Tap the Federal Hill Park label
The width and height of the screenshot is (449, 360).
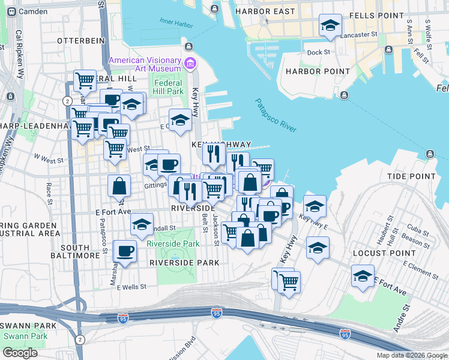(167, 88)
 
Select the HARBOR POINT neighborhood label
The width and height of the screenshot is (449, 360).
(318, 71)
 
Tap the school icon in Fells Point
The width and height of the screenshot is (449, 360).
(330, 25)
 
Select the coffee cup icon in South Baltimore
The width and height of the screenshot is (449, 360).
(125, 251)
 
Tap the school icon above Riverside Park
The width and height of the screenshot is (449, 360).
(142, 225)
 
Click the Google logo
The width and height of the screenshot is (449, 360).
(20, 353)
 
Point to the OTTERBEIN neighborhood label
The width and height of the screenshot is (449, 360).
(77, 40)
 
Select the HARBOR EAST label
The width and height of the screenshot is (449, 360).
(265, 11)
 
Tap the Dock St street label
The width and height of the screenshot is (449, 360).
(318, 52)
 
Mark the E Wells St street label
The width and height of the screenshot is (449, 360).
(132, 287)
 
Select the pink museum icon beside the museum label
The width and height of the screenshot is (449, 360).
(190, 62)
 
